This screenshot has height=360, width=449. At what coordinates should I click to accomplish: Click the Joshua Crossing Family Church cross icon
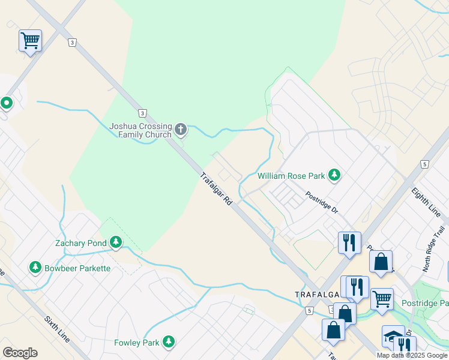click(x=180, y=129)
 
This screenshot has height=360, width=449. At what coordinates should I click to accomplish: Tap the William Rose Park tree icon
click(x=334, y=176)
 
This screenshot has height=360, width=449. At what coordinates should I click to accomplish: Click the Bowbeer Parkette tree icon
click(x=35, y=268)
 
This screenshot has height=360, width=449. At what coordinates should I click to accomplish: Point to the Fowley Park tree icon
click(x=169, y=343)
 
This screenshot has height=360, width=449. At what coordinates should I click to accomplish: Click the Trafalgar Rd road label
click(x=216, y=190)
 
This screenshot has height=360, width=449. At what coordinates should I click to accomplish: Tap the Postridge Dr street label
click(x=322, y=203)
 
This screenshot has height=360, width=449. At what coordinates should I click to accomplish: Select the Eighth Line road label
click(x=425, y=201)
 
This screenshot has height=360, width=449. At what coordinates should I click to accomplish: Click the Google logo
click(x=20, y=353)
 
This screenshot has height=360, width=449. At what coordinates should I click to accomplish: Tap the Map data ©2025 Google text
click(x=411, y=355)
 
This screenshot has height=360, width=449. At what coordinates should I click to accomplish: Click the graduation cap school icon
click(x=393, y=336)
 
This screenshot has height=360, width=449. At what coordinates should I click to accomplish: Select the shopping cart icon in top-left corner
click(x=30, y=41)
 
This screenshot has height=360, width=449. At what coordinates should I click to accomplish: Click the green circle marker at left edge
click(x=7, y=103)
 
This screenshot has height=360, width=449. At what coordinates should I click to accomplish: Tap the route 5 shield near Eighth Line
click(x=424, y=164)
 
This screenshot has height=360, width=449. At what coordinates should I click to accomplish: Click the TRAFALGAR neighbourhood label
click(x=318, y=294)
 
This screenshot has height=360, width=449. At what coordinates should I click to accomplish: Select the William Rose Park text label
click(x=291, y=176)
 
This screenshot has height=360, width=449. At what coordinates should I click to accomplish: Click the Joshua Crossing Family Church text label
click(x=140, y=130)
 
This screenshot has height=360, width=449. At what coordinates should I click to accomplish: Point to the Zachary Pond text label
click(x=80, y=244)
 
